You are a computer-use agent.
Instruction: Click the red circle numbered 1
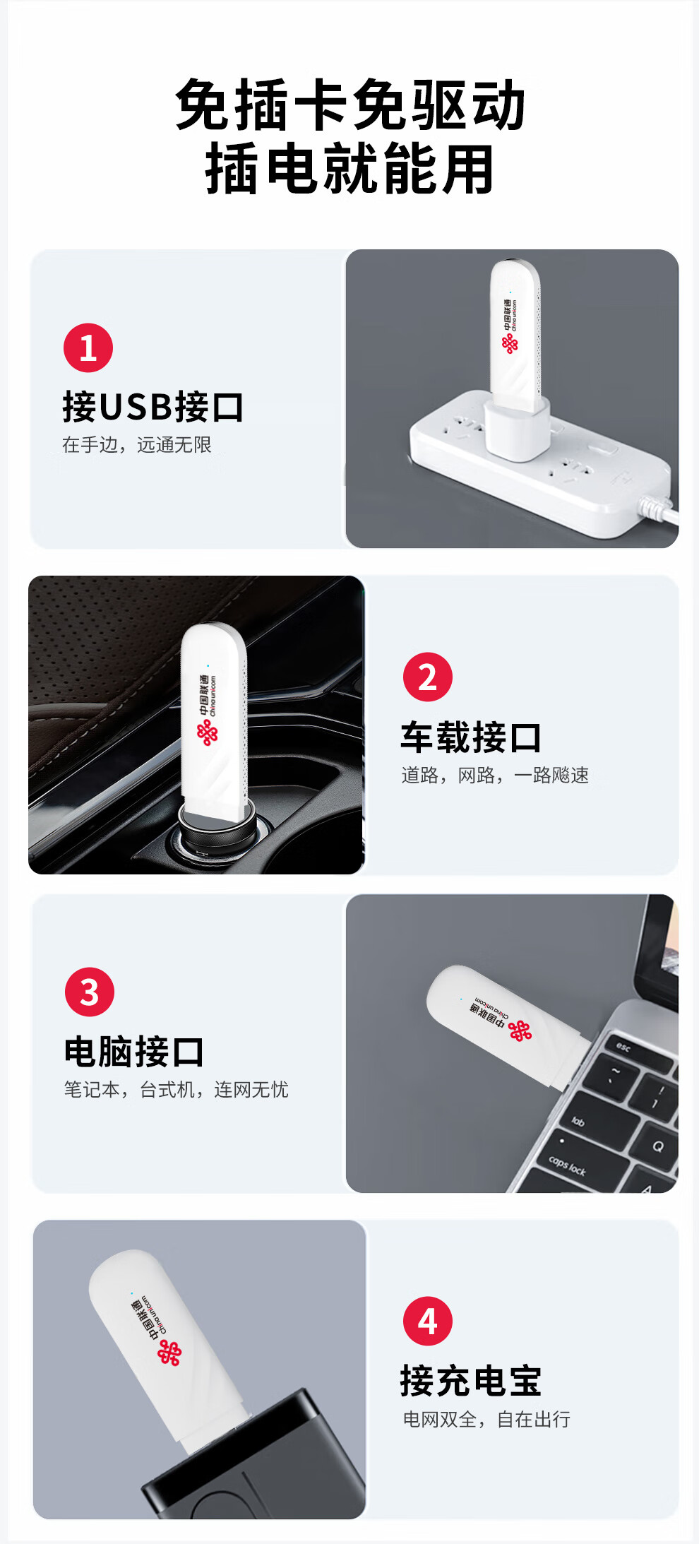88,348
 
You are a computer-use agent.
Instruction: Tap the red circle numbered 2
428,677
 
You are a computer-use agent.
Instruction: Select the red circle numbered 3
90,992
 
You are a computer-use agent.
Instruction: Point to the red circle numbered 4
428,1321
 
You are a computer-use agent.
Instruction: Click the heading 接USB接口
153,407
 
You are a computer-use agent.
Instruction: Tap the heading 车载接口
471,737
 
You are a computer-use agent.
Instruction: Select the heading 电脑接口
134,1052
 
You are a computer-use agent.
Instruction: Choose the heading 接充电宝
471,1381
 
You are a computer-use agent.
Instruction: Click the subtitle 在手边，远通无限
137,445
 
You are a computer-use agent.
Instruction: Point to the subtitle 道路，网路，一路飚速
495,776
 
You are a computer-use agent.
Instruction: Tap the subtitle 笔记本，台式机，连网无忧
177,1090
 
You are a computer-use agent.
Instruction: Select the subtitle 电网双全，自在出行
486,1419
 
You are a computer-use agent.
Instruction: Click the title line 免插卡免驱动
350,105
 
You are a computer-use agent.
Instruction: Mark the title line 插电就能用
350,169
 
